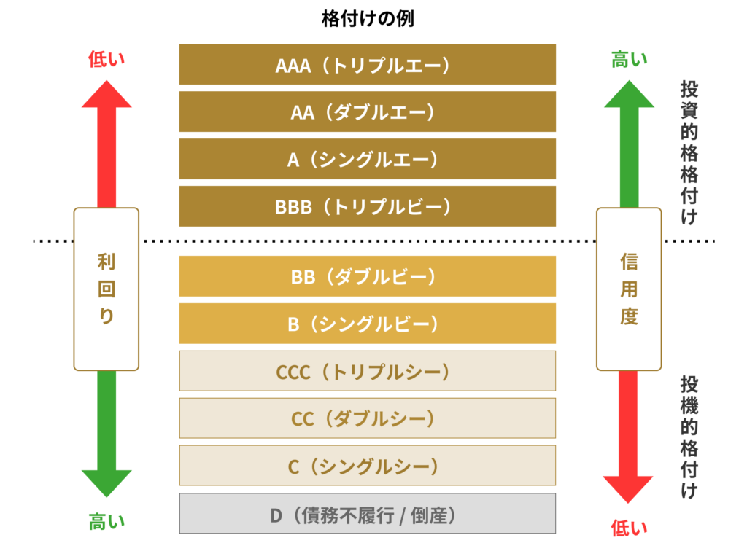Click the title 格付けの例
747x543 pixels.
pos(368,19)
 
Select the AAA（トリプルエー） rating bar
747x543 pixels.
pos(368,65)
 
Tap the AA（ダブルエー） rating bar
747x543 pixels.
pos(368,112)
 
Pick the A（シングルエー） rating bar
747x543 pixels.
pos(368,159)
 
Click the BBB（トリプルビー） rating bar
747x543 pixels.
pos(368,206)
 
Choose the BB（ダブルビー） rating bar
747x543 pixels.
pos(368,276)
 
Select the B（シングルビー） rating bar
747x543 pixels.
pos(368,324)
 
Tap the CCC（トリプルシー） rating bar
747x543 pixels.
pos(368,371)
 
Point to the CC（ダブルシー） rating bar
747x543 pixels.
pos(368,418)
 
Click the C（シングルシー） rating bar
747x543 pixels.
pos(368,466)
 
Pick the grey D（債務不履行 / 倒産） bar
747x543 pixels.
pos(368,515)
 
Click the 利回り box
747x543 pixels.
pos(107,289)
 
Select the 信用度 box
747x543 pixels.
pos(629,289)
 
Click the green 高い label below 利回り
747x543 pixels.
pos(107,521)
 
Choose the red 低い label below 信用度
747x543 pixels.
pos(629,527)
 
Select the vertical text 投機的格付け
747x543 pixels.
pos(688,437)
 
